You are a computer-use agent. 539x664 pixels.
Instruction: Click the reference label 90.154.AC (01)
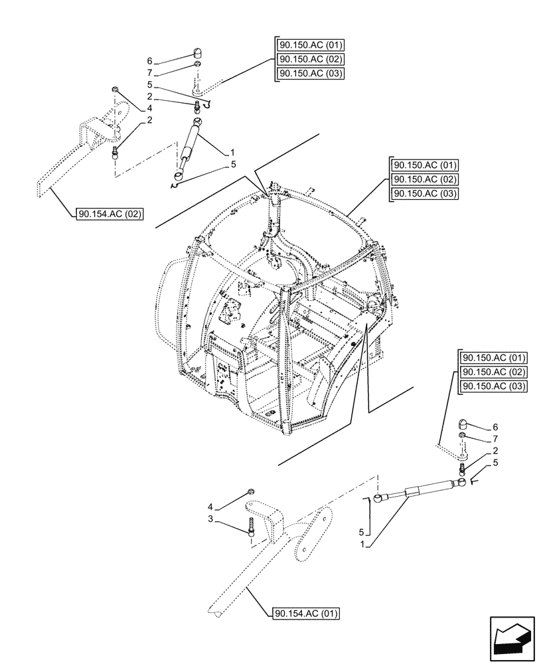coord(305,614)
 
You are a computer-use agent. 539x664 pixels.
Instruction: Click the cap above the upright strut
coord(197,53)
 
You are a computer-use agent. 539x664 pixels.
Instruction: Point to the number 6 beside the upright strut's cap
coord(150,60)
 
